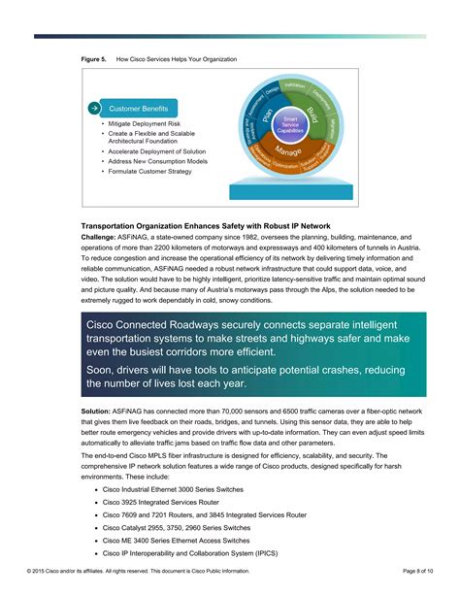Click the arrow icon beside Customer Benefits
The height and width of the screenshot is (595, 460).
pos(93,109)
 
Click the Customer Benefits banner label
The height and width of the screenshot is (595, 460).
pos(138,109)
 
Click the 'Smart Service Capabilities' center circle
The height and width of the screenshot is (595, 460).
pos(290,124)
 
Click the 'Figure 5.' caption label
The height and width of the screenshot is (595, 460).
pos(93,59)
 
